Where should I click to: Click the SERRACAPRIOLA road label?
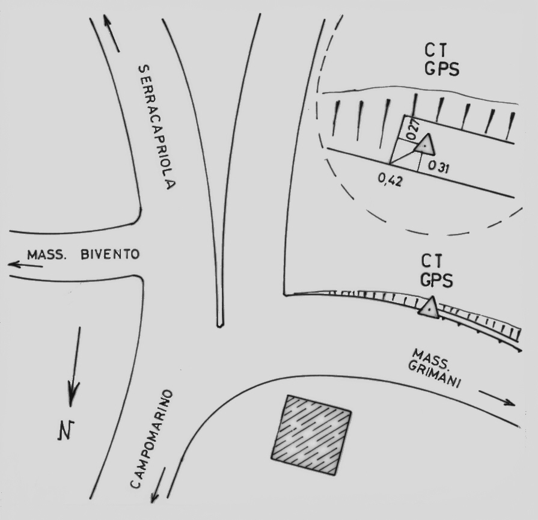[x=157, y=127]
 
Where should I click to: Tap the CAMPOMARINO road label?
[x=151, y=439]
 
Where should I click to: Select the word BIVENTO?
[x=110, y=254]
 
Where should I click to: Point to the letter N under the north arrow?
[x=66, y=430]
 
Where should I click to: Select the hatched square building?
[x=311, y=435]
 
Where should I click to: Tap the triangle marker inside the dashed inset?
[x=426, y=145]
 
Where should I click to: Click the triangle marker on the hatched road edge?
[x=429, y=307]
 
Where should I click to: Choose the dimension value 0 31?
[x=438, y=167]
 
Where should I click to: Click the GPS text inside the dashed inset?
[x=442, y=69]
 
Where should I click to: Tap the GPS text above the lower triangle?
[x=436, y=280]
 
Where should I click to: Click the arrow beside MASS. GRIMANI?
[x=497, y=398]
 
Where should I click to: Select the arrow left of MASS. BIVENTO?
[x=25, y=265]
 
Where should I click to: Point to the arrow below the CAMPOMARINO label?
[x=158, y=485]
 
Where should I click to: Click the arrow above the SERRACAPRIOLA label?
[x=111, y=33]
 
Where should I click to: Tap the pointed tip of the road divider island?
[x=220, y=326]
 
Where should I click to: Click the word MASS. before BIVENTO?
[x=46, y=255]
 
